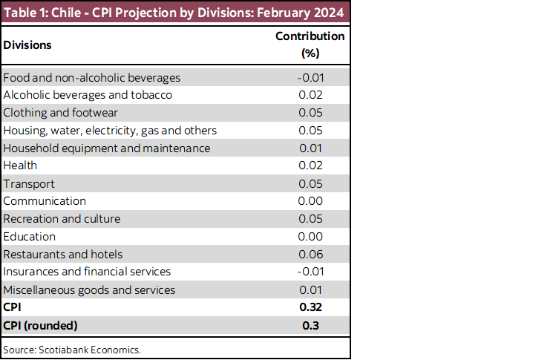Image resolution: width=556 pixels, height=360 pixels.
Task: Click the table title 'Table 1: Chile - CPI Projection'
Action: pos(174,13)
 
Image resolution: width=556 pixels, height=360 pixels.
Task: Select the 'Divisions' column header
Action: pos(27,45)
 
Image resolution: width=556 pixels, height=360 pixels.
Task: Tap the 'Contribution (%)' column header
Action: pos(310,45)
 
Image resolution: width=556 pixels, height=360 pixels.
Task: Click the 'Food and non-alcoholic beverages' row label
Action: pos(92,77)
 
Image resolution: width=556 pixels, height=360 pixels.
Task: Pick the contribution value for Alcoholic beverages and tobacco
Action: pos(310,95)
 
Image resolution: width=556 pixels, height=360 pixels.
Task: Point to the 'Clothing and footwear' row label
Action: pos(61,113)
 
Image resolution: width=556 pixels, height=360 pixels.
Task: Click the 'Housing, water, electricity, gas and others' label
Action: pos(110,131)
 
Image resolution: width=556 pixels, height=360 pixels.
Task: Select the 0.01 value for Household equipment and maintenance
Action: pos(310,148)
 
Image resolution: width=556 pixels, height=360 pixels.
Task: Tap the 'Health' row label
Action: pos(20,166)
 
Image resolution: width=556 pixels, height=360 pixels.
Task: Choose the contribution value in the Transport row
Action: pos(310,183)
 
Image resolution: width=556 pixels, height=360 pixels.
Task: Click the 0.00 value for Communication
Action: pos(310,201)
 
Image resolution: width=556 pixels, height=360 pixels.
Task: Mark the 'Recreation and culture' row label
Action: pos(62,219)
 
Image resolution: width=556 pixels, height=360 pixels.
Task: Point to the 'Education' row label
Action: pos(30,237)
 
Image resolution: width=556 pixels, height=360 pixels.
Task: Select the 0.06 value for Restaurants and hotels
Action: pos(310,255)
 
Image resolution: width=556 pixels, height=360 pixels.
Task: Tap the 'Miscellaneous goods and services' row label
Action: pos(89,289)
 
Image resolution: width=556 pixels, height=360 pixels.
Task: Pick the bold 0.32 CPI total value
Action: pos(310,307)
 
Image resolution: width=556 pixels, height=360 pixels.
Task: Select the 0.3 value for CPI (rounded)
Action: pos(310,325)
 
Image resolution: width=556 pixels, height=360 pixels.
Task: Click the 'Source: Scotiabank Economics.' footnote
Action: pos(72,349)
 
